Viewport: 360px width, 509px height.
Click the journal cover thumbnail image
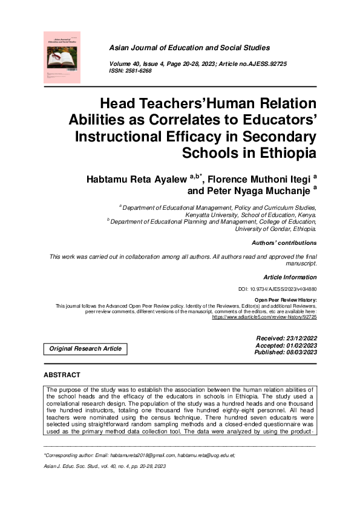point(62,57)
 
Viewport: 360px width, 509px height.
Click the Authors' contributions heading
point(284,243)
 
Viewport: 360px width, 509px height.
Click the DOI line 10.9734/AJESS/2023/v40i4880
point(278,290)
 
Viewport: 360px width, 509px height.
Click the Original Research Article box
point(85,348)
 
